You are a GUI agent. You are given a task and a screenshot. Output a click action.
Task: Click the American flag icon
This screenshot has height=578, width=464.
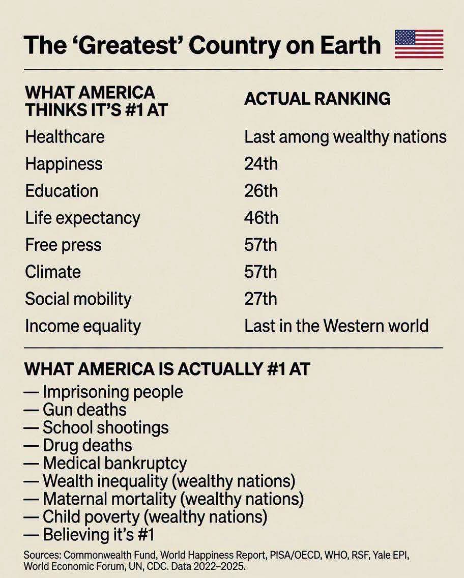[419, 44]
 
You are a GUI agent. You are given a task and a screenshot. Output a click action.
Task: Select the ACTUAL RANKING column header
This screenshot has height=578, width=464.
[317, 99]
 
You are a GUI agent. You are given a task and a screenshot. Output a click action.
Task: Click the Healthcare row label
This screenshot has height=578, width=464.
[65, 137]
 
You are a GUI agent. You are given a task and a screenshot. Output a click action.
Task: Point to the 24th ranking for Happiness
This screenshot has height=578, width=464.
[261, 164]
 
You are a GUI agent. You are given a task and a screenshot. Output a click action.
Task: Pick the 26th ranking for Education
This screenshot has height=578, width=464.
[261, 191]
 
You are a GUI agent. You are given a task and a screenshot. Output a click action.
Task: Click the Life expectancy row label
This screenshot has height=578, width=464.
[82, 218]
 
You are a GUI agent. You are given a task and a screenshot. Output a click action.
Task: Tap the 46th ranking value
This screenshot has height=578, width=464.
[262, 218]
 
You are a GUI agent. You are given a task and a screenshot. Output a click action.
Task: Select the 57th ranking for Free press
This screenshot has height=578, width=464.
[260, 245]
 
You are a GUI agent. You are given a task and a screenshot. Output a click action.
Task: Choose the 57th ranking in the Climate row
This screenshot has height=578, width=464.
[260, 272]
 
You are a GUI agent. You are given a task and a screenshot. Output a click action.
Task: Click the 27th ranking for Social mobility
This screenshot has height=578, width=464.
[260, 299]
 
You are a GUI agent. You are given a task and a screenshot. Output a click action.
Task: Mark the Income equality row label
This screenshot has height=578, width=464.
[83, 326]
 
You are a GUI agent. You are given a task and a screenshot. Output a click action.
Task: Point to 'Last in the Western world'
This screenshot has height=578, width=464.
[336, 326]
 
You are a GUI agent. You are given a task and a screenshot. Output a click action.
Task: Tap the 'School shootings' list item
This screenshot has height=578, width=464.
[106, 428]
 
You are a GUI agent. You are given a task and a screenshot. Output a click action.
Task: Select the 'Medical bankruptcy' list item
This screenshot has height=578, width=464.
[115, 464]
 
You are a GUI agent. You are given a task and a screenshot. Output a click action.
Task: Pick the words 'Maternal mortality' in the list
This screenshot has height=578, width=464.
[109, 499]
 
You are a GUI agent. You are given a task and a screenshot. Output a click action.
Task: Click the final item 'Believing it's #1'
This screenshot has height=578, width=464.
[98, 535]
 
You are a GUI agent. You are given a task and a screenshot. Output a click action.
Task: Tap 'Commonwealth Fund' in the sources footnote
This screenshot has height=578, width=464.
[110, 555]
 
